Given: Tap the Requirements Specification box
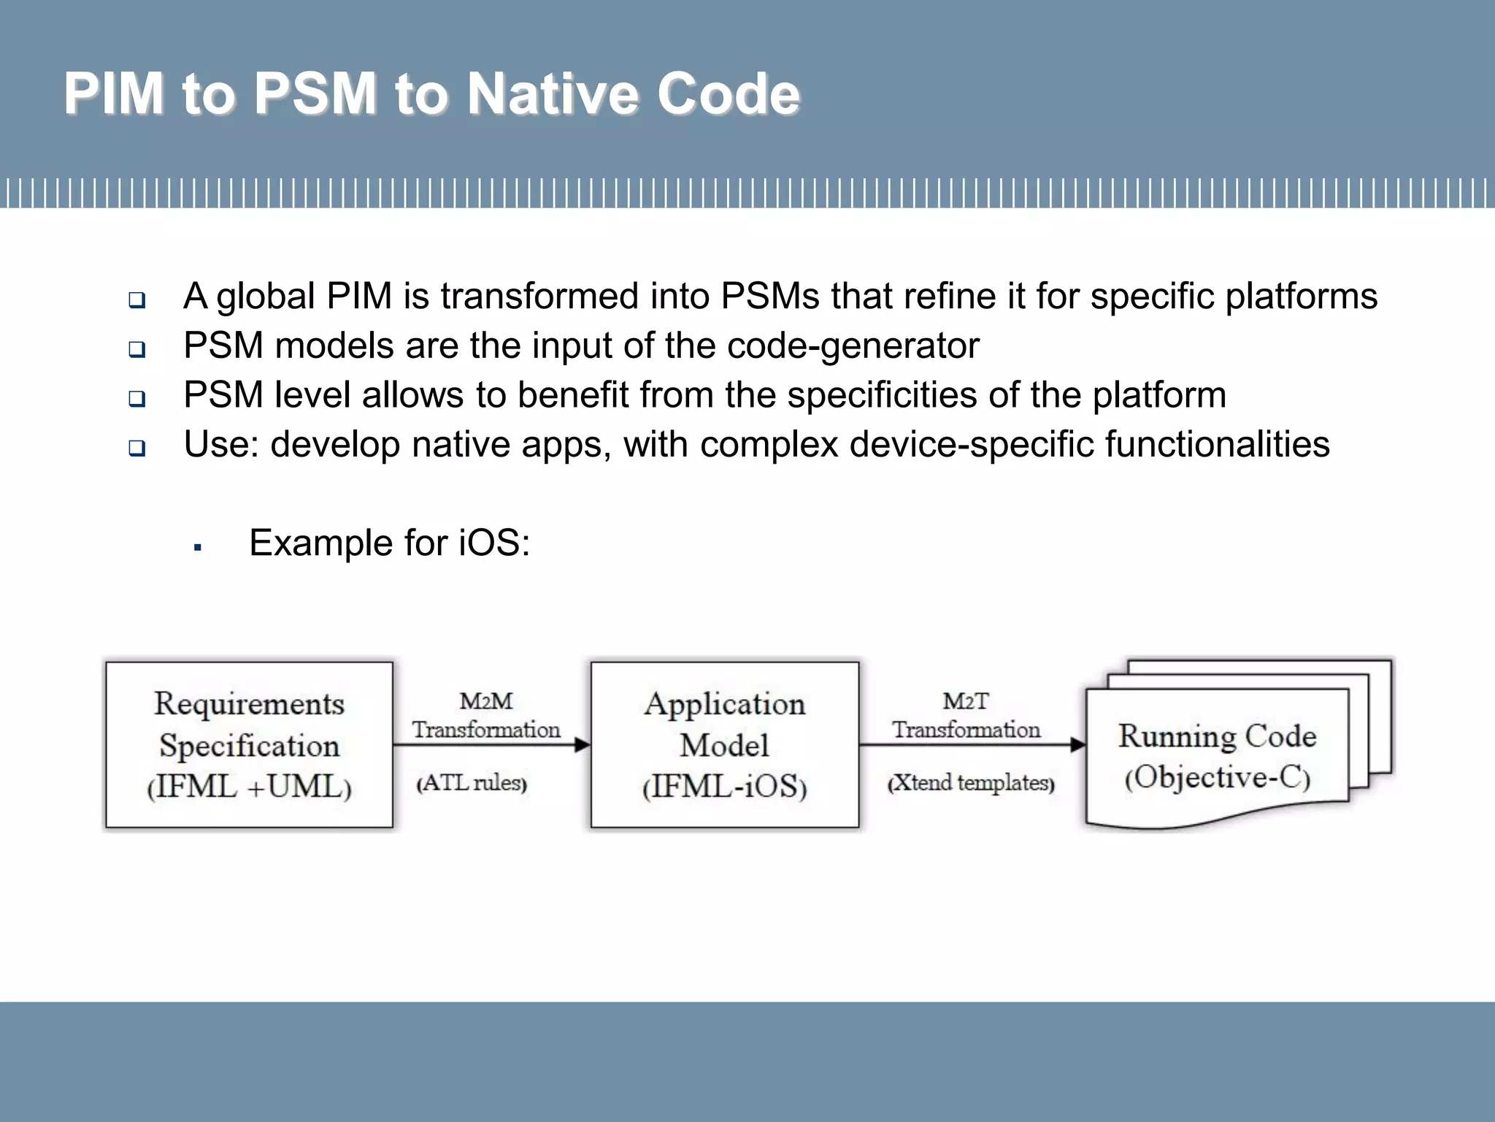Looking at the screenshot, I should tap(249, 744).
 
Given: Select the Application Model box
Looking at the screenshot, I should tap(724, 744).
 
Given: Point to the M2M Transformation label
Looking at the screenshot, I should tap(486, 716).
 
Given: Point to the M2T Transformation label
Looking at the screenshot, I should tap(966, 716).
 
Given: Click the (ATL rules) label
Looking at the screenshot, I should tap(472, 783).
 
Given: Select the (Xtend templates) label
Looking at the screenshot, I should tap(971, 783).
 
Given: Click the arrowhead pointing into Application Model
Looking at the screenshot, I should tap(582, 745).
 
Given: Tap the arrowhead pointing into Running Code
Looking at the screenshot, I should tap(1077, 745).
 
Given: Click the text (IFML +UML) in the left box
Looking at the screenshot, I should tap(249, 787).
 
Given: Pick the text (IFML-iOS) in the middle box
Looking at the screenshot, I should tap(724, 787).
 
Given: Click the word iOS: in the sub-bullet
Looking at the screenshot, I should tap(494, 543).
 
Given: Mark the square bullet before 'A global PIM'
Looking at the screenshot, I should tap(137, 299).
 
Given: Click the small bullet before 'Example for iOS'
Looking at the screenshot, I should tap(197, 546).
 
